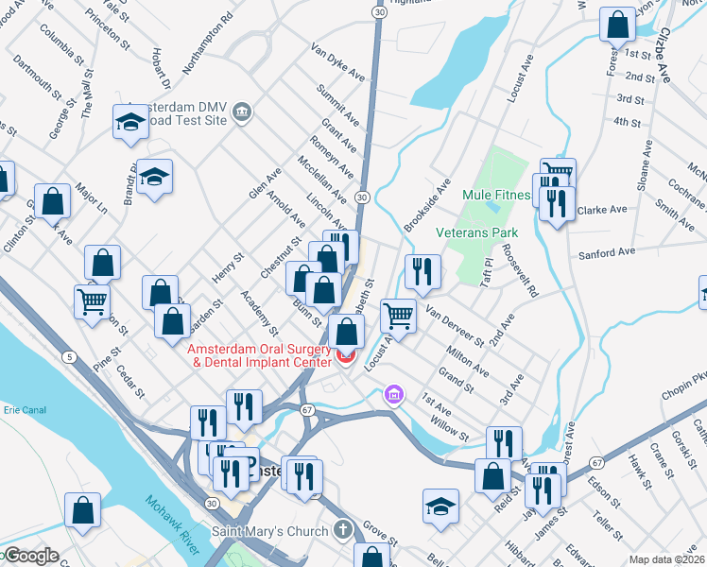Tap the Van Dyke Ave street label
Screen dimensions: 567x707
point(338,60)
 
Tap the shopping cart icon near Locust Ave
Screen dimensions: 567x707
point(399,316)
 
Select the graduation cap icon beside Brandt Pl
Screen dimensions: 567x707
point(154,176)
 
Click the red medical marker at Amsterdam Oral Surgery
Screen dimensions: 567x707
point(344,356)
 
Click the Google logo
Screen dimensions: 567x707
point(30,556)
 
